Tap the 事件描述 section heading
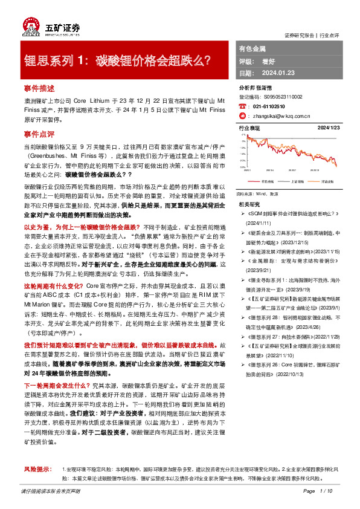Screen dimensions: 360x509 pyautogui.click(x=39, y=88)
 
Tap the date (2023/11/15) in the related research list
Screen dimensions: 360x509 pyautogui.click(x=326, y=248)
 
